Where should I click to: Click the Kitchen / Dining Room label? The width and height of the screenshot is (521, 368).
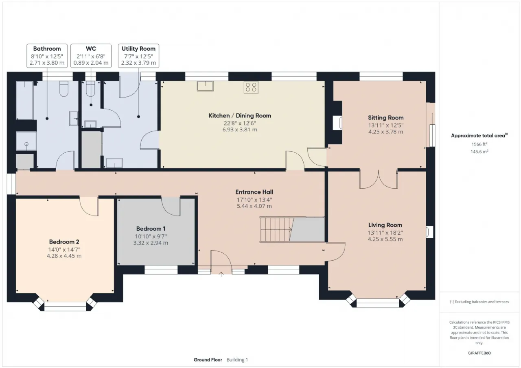(x=240, y=115)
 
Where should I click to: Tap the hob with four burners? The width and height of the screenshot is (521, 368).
(x=251, y=87)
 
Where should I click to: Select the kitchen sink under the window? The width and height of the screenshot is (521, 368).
(x=205, y=86)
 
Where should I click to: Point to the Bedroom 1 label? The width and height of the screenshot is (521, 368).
(x=151, y=229)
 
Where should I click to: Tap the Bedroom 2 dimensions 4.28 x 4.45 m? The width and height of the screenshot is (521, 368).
(x=64, y=256)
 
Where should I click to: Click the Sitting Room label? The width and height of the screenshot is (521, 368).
(x=385, y=118)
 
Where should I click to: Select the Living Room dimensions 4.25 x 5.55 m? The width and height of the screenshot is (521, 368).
(x=385, y=239)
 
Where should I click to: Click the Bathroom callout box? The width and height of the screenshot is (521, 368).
(x=47, y=56)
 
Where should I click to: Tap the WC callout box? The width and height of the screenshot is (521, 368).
(x=91, y=56)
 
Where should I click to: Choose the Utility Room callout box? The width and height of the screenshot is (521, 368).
(x=139, y=56)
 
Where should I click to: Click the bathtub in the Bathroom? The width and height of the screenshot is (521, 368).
(x=25, y=100)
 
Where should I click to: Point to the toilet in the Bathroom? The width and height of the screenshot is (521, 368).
(x=64, y=89)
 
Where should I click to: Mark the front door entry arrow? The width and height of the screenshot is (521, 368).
(x=221, y=274)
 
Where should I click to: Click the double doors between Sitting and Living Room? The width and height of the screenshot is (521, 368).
(x=379, y=179)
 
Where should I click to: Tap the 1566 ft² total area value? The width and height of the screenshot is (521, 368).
(x=479, y=144)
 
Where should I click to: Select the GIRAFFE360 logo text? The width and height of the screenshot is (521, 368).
(x=479, y=353)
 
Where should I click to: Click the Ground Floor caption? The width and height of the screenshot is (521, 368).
(x=208, y=359)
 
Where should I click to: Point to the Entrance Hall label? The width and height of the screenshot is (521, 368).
(x=254, y=192)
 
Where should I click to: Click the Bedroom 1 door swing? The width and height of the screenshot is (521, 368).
(x=171, y=206)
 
